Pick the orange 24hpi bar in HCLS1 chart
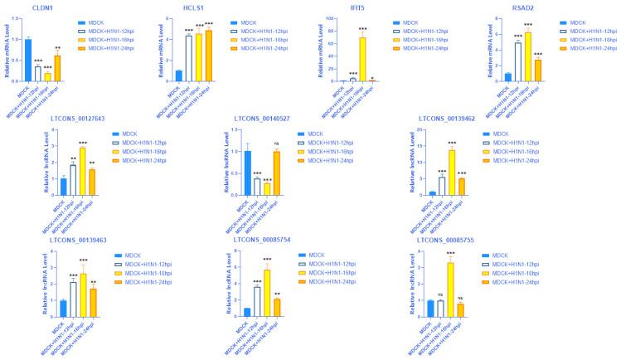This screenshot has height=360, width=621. click(208, 56)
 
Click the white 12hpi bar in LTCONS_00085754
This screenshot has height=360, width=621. click(256, 301)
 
